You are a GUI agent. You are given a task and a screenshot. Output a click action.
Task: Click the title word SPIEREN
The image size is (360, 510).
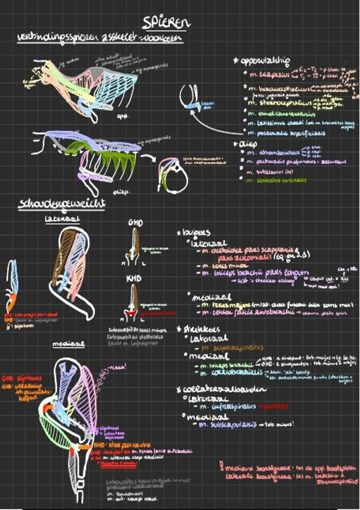pos(166,23)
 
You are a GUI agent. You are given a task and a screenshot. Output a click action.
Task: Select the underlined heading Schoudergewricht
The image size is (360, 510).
pos(62,204)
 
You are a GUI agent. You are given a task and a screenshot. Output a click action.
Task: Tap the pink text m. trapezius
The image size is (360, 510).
pos(270,74)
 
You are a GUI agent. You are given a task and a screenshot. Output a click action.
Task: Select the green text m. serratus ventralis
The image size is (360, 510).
pos(276,181)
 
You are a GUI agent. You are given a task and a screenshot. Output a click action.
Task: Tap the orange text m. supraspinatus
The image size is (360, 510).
pos(232,348)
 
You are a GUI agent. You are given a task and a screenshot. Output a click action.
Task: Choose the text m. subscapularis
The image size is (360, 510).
pos(228,424)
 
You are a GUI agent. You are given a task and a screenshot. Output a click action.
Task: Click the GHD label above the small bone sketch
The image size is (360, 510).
pos(136,223)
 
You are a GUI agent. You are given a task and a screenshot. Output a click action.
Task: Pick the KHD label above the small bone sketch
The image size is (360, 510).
pos(134,278)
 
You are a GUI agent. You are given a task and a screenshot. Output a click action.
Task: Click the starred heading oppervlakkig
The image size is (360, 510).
pos(264,61)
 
